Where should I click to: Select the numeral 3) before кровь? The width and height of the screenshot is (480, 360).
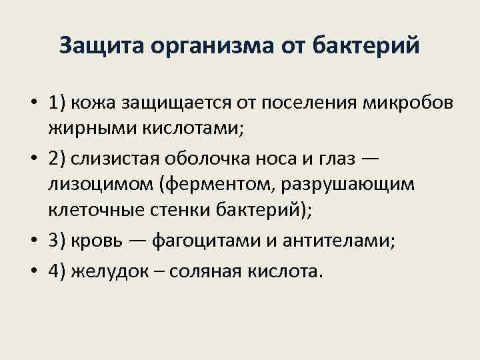click(58, 241)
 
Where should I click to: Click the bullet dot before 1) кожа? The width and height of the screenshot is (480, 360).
click(33, 105)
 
